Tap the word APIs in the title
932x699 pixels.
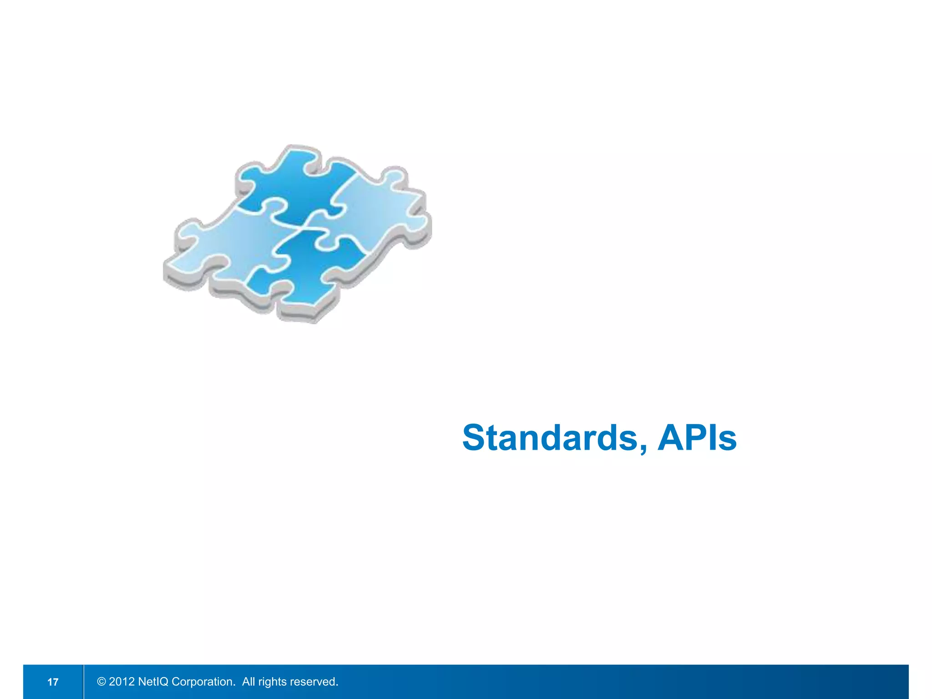point(697,438)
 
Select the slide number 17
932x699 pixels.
point(53,682)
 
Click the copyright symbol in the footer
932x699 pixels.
point(101,682)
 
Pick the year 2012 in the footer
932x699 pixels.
point(122,682)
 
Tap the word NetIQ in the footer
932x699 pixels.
point(153,682)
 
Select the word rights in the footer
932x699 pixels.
point(273,682)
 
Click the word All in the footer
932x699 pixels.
point(248,682)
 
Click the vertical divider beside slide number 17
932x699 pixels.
point(84,682)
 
